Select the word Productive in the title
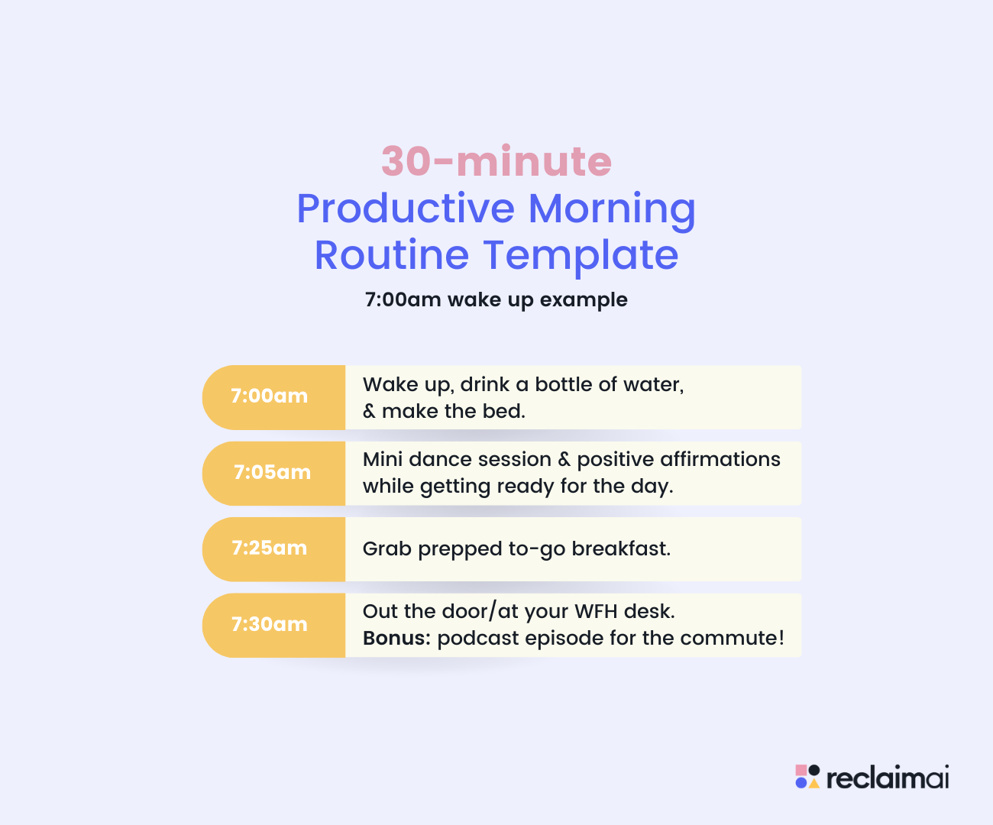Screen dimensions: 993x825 (406, 209)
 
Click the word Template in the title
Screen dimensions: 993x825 (581, 257)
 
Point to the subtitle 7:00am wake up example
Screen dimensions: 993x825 (496, 300)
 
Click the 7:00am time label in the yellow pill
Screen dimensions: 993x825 (269, 396)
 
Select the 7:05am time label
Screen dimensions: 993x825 (272, 472)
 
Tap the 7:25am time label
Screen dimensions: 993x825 (269, 548)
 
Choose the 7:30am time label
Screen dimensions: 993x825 (269, 624)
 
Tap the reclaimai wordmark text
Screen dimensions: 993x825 (888, 778)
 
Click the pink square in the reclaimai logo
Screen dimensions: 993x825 (801, 770)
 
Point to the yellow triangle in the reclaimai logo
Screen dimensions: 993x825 (814, 783)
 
